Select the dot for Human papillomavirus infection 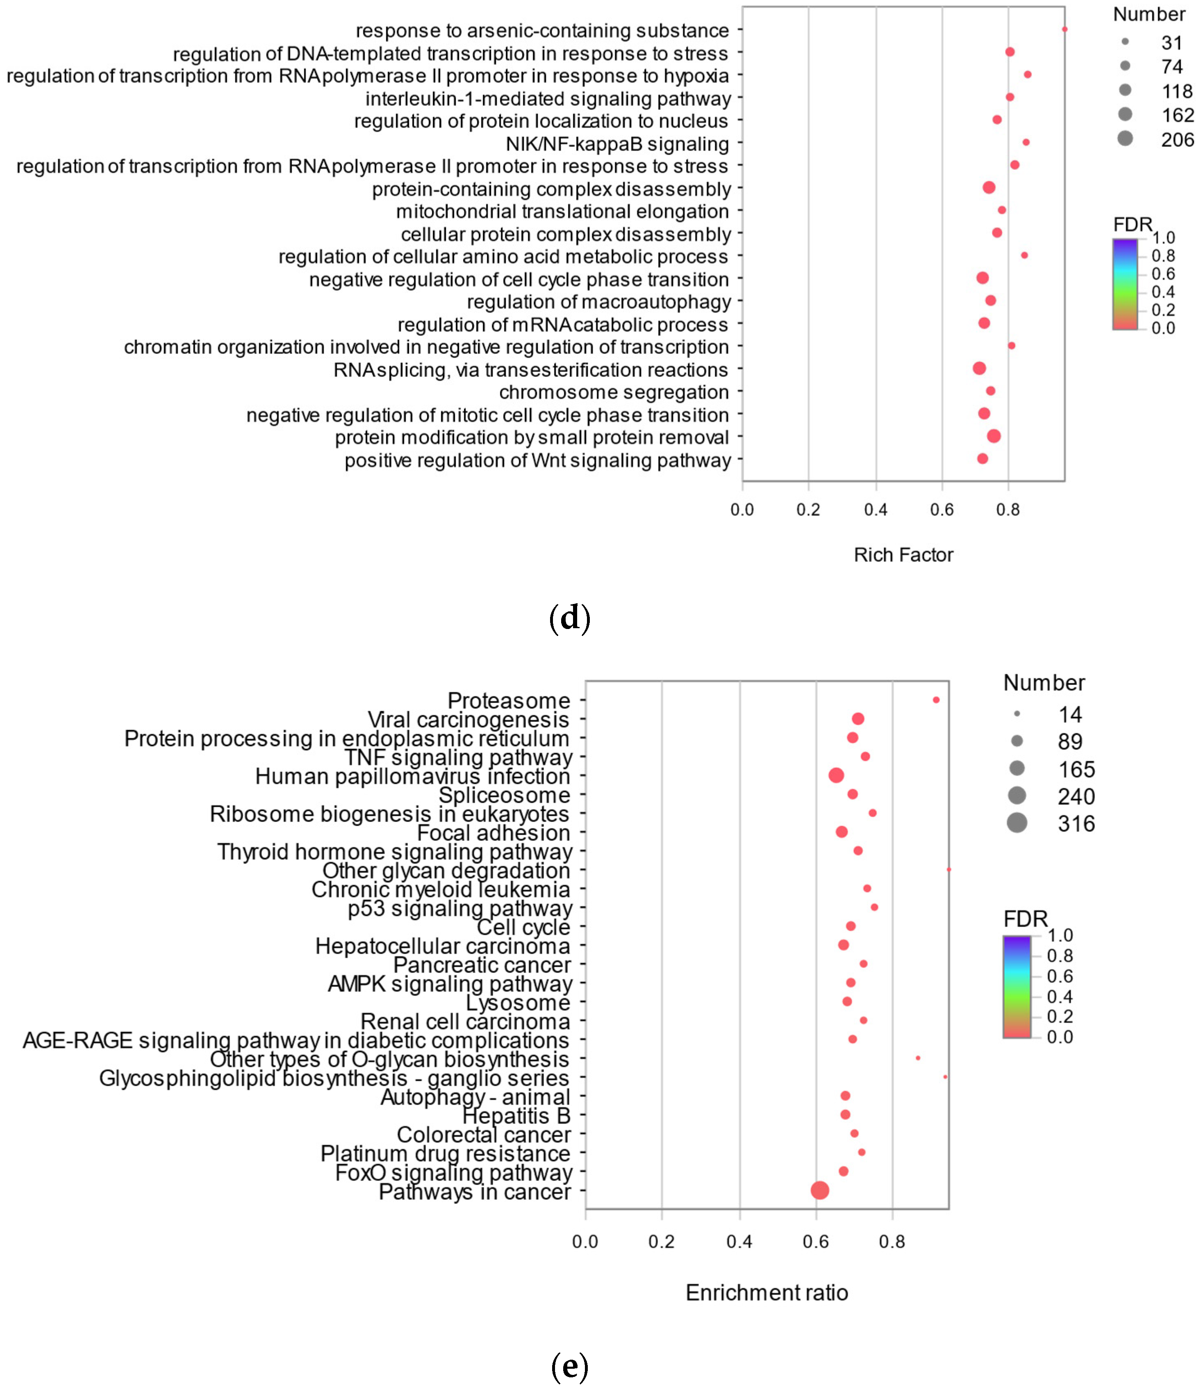[836, 775]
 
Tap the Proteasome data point [936, 700]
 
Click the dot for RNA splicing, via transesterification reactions [979, 368]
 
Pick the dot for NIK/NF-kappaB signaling [1026, 142]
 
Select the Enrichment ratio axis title [767, 1292]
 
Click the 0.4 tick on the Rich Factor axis [875, 510]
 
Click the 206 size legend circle [1125, 138]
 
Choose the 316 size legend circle [1017, 822]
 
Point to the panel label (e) [569, 1365]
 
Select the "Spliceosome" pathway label [504, 795]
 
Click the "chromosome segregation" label [614, 392]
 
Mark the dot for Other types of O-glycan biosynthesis [917, 1058]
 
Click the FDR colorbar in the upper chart [1125, 284]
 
